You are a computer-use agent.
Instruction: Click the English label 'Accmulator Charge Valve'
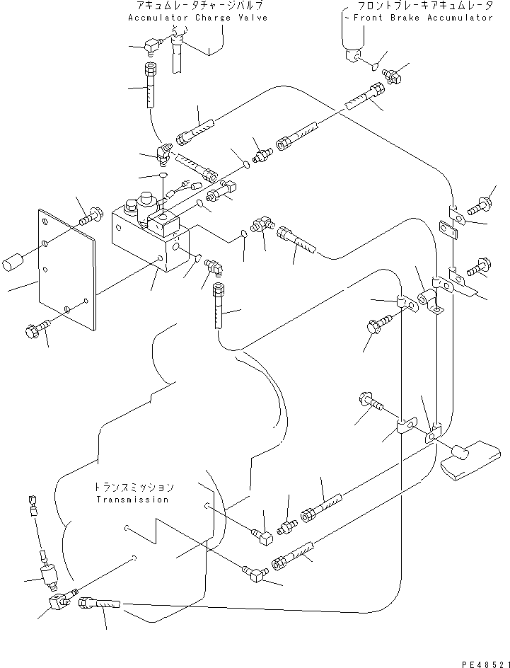pyautogui.click(x=197, y=18)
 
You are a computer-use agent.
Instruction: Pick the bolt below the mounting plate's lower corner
pyautogui.click(x=38, y=328)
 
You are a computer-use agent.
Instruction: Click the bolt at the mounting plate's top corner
pyautogui.click(x=88, y=216)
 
